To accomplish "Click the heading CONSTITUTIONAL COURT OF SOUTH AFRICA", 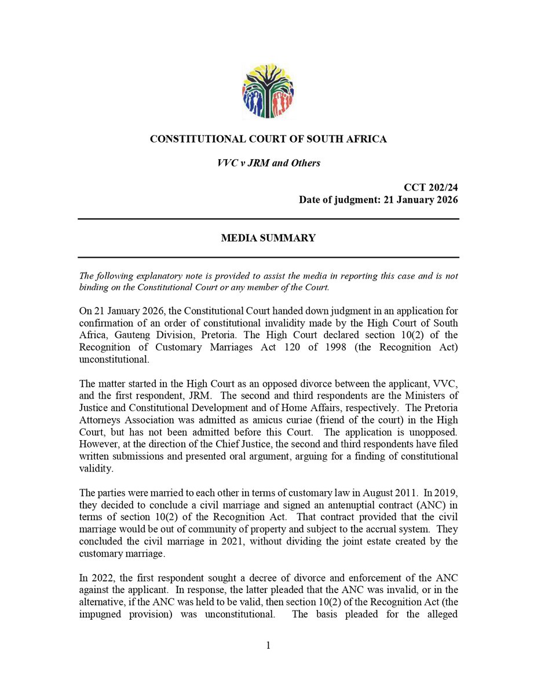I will pos(268,139).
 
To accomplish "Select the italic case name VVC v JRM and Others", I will pos(268,163).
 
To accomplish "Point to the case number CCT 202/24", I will pos(431,188).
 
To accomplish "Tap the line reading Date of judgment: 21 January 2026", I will pos(378,200).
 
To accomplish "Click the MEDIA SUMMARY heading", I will pos(268,238).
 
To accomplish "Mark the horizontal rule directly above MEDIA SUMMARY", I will pos(268,219).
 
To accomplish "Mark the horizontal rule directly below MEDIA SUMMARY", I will pos(268,257).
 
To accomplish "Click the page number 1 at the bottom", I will pos(268,646).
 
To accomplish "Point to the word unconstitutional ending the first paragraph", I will pos(114,359).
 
